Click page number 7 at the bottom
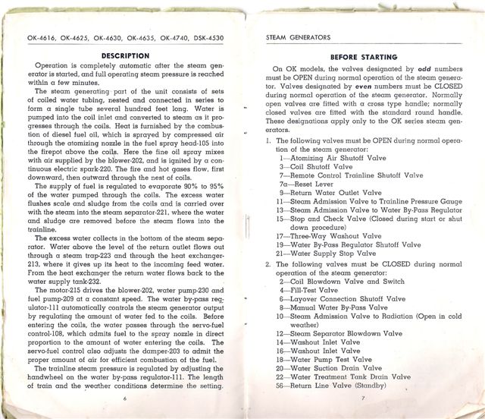[363, 398]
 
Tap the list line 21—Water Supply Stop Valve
[331, 255]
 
